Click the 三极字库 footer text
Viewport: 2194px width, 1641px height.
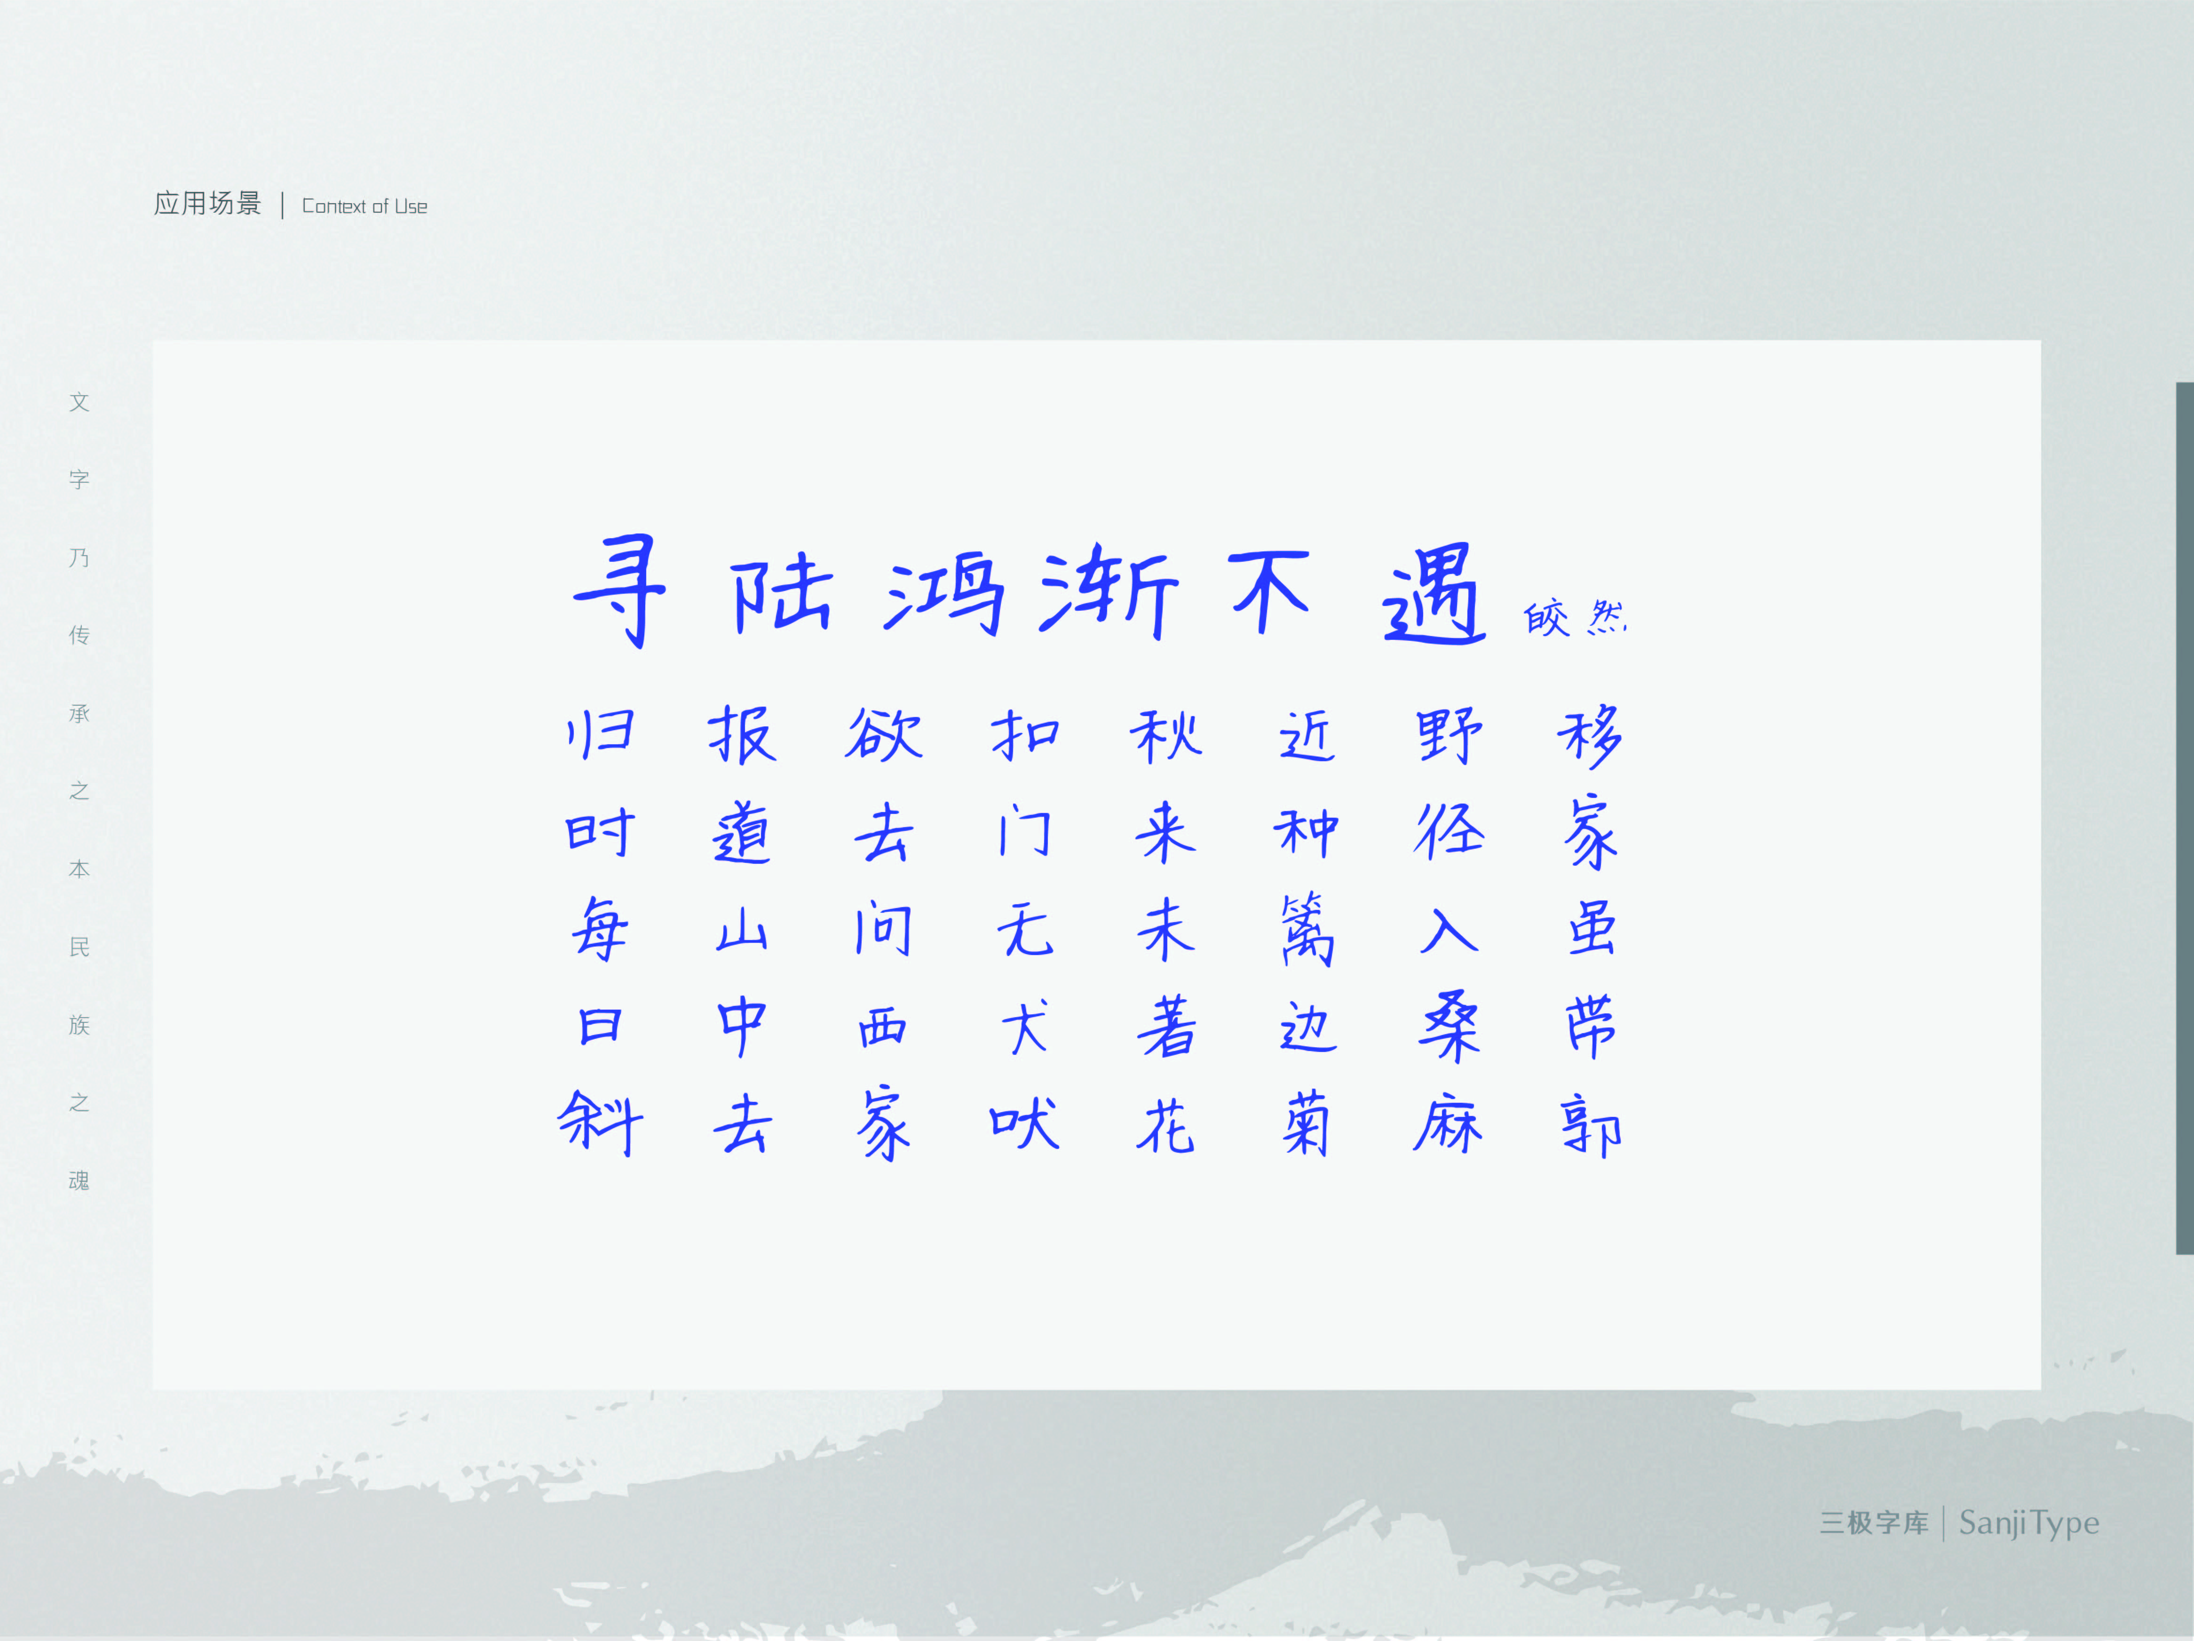1874,1523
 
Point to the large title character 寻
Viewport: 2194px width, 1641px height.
620,590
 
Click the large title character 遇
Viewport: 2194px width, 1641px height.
1434,593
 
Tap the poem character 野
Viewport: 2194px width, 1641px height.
1449,735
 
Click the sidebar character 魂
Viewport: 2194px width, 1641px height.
79,1181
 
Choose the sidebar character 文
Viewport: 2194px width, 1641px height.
79,402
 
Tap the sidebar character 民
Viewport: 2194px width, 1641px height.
79,948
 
